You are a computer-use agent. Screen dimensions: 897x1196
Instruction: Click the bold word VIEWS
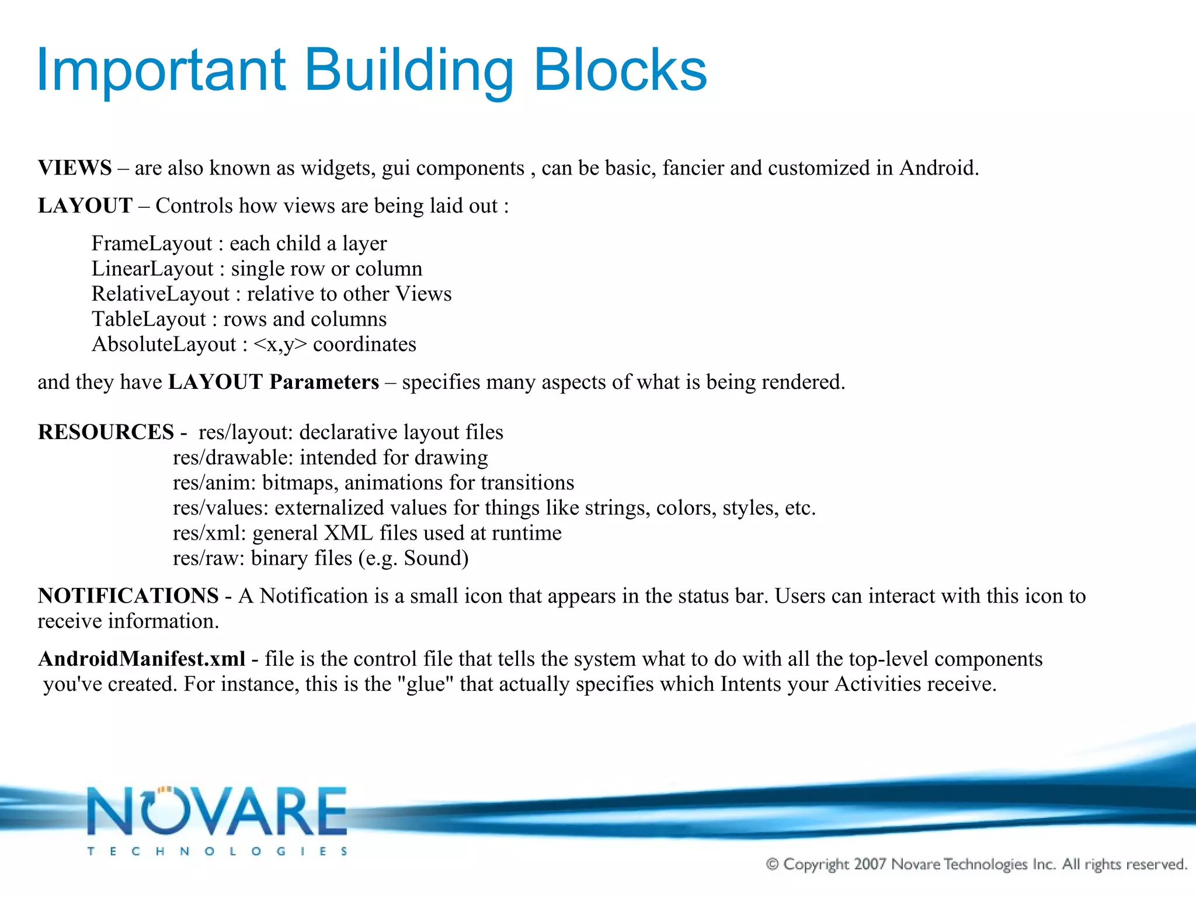click(75, 168)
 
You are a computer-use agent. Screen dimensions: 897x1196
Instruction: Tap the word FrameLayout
click(152, 244)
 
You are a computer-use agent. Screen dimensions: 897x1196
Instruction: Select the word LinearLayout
click(152, 269)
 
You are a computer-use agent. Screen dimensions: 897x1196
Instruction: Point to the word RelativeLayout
click(161, 294)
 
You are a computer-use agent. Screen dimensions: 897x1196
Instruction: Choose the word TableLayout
click(149, 319)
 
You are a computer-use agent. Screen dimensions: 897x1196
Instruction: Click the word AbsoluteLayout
click(164, 345)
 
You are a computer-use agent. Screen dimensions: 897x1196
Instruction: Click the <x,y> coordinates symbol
click(280, 345)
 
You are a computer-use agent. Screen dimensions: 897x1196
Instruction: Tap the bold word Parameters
click(324, 382)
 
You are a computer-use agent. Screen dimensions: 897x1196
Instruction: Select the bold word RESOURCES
click(106, 432)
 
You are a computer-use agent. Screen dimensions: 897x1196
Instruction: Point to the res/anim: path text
click(214, 483)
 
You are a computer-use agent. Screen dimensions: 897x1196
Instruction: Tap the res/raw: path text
click(208, 558)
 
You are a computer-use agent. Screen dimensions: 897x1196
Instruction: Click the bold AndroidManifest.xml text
click(141, 659)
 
